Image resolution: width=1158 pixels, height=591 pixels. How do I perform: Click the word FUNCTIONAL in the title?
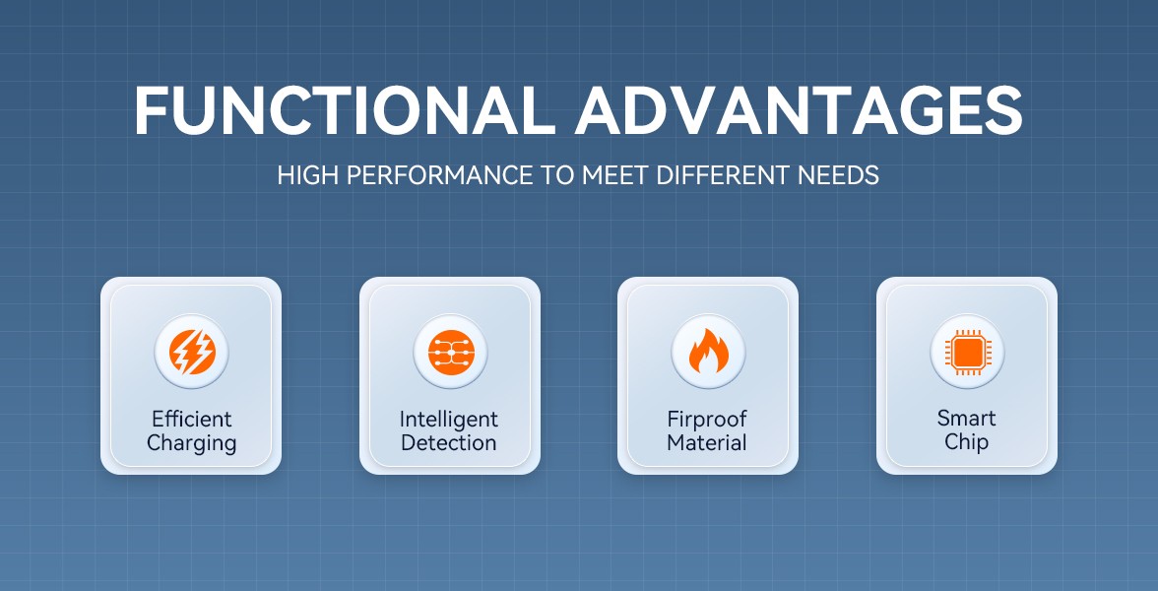pos(344,111)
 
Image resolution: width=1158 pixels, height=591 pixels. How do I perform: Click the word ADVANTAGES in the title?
pos(800,111)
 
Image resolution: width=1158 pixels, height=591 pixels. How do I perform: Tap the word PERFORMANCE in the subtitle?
pos(439,175)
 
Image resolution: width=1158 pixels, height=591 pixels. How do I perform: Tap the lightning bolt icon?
pos(191,351)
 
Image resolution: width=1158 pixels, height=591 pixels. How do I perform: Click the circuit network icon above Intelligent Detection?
pos(450,351)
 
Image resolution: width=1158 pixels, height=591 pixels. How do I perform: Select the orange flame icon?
pos(708,351)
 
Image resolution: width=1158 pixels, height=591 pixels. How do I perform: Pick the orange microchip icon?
pos(967,352)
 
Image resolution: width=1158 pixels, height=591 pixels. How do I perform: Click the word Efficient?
pos(191,419)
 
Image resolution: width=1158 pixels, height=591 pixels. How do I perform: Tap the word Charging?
pos(191,444)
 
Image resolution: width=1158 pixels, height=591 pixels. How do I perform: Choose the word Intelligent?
pos(449,420)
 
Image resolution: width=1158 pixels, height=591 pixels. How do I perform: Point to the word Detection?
pos(449,443)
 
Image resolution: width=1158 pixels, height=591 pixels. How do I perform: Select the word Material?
pos(707,443)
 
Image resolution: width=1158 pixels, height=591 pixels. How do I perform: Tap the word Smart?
pos(967,418)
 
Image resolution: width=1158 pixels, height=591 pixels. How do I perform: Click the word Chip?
pos(967,443)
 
